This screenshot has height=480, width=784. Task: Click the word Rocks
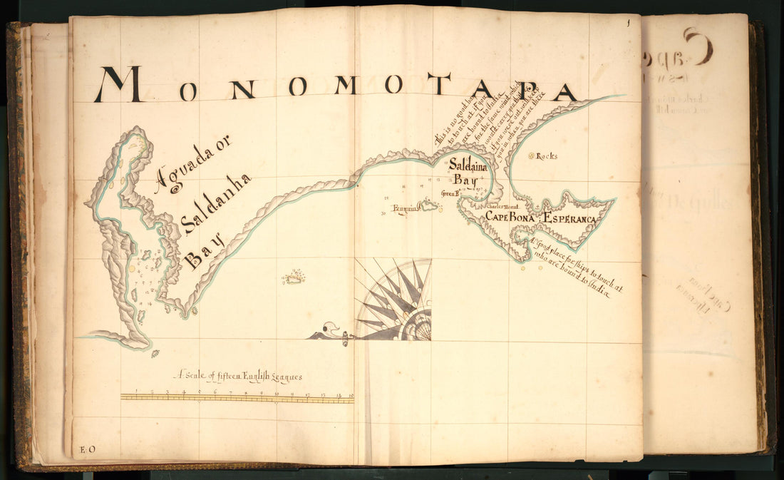point(547,155)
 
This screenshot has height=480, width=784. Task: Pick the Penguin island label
point(404,209)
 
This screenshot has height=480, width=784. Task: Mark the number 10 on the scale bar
point(275,392)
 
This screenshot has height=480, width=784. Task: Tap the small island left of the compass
point(294,277)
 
